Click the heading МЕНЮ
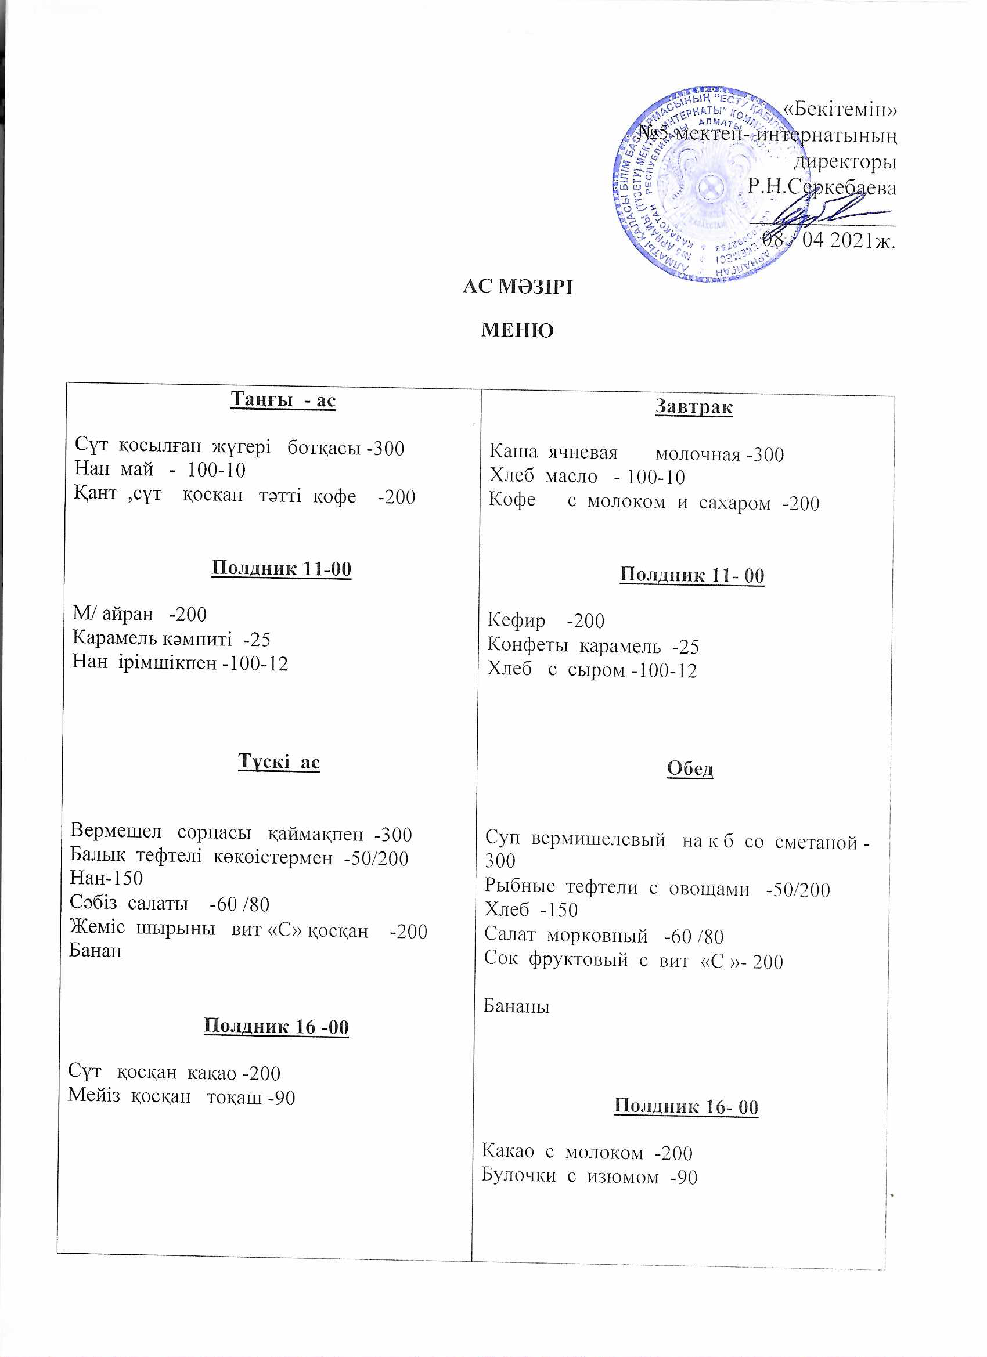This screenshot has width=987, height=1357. [x=517, y=330]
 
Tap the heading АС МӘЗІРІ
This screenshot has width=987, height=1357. [x=517, y=288]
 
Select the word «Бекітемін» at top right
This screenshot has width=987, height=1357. [x=839, y=110]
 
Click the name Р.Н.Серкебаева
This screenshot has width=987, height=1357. [x=821, y=188]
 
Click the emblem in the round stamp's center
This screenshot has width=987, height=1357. [x=709, y=189]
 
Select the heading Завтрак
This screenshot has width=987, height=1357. [x=694, y=407]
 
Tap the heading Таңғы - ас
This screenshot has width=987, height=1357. [x=283, y=400]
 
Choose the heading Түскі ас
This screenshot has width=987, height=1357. [x=279, y=761]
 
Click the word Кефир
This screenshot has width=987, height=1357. [x=516, y=620]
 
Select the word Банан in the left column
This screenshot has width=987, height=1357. [x=95, y=950]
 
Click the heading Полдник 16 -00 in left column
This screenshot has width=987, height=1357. [x=276, y=1026]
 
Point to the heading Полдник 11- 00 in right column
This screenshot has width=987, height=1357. [x=692, y=575]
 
